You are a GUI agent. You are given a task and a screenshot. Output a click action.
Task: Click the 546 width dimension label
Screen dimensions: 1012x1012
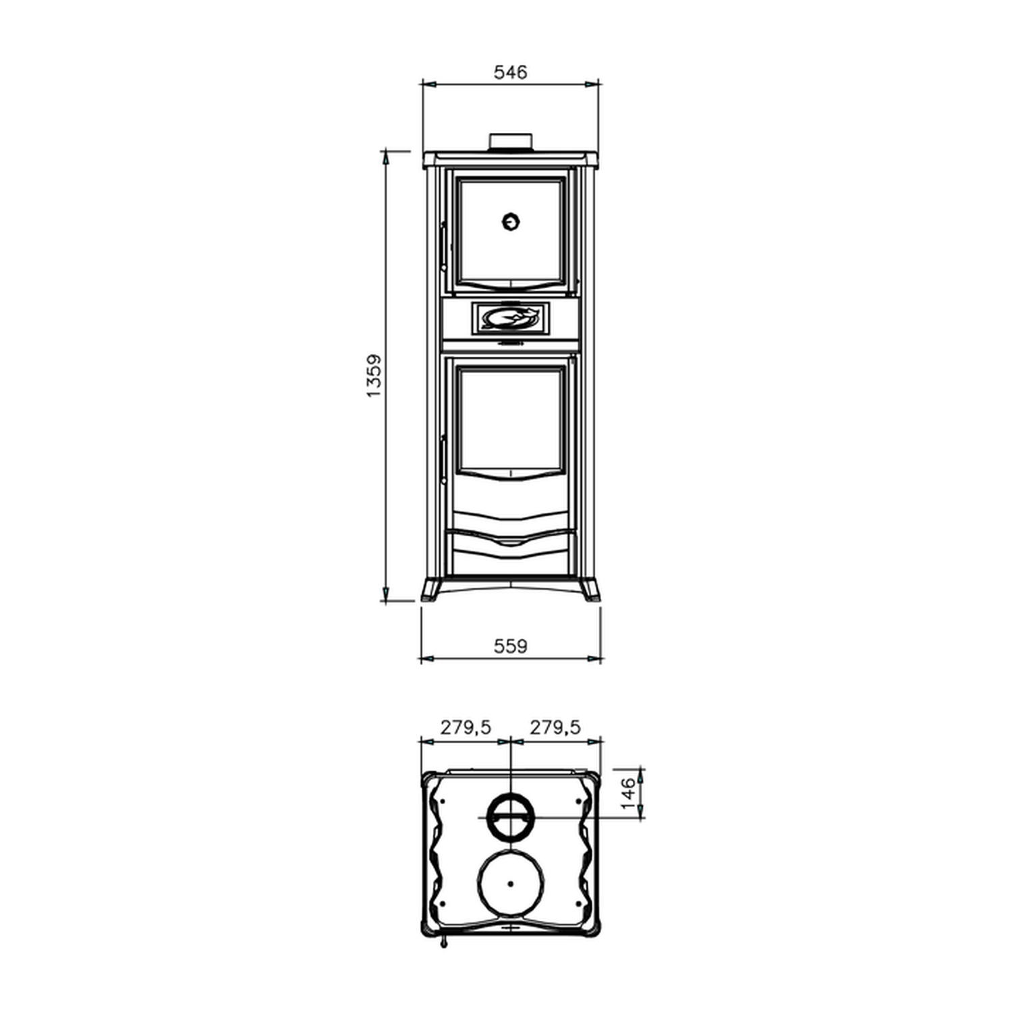pyautogui.click(x=510, y=72)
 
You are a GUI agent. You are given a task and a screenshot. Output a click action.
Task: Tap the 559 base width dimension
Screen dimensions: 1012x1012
pyautogui.click(x=510, y=646)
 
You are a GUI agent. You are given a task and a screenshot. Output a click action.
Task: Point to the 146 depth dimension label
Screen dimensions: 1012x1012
pyautogui.click(x=628, y=793)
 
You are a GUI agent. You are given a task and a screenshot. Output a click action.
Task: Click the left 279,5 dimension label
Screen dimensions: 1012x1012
pyautogui.click(x=466, y=727)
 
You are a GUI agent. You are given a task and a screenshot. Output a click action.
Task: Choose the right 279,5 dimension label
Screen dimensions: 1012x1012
pyautogui.click(x=555, y=727)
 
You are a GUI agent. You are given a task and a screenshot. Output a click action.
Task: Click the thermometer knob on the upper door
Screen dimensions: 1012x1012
pyautogui.click(x=511, y=221)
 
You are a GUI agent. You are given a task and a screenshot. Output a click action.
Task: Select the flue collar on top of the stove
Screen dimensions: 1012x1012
pyautogui.click(x=511, y=141)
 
